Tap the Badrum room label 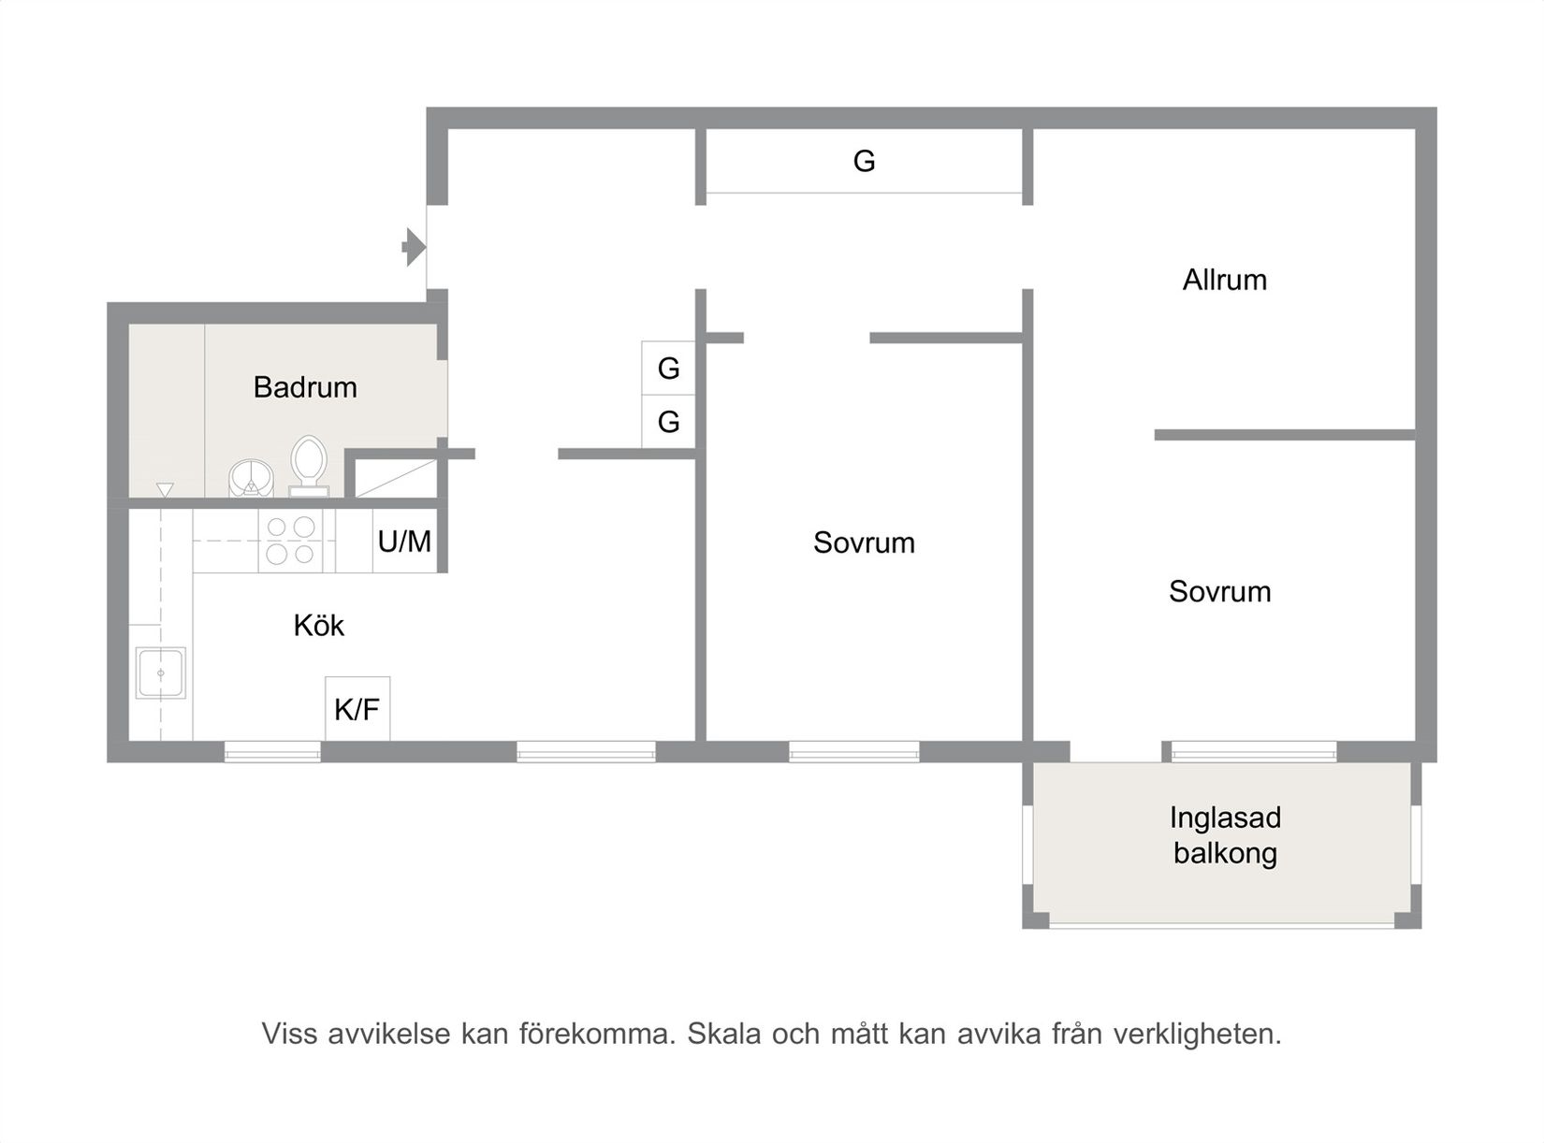305,387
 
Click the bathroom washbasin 251,477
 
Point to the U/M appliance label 404,541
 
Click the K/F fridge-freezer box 357,709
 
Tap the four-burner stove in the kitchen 290,541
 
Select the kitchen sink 161,673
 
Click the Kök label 318,625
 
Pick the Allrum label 1224,280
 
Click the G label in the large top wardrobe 864,162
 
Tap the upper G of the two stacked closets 668,369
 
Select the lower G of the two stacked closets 668,422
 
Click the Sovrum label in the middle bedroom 864,543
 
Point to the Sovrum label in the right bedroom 1219,591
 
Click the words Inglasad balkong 1225,835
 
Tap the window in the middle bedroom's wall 853,751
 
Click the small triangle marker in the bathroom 166,489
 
